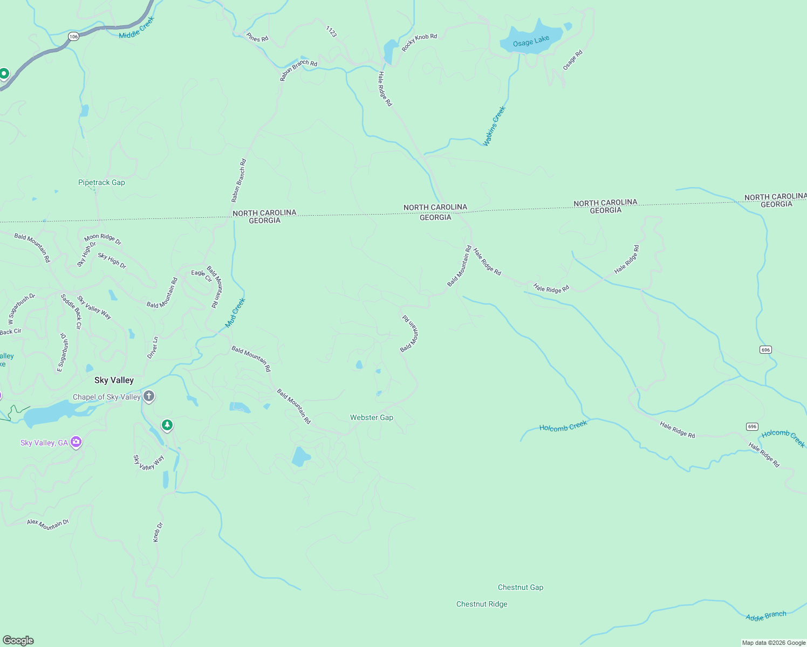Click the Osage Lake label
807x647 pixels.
(531, 42)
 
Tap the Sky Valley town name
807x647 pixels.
(114, 380)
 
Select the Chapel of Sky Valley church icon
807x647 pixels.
(149, 397)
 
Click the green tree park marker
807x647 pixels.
(167, 426)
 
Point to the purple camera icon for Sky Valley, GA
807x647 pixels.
(76, 443)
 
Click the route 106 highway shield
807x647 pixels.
(74, 37)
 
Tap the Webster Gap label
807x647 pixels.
(372, 417)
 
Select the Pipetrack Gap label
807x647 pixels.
(101, 182)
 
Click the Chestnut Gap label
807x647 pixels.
(521, 587)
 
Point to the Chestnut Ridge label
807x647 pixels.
(482, 604)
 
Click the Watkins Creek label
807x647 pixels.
(494, 126)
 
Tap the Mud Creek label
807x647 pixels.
(235, 313)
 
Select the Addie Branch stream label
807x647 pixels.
(766, 616)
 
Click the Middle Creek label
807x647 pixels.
(136, 27)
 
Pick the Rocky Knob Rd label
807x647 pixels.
(419, 42)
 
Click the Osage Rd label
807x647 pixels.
(573, 60)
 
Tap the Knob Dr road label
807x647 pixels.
(158, 532)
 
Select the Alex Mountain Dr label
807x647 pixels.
(48, 524)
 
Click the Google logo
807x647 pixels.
(18, 641)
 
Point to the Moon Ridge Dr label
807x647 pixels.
(102, 239)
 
